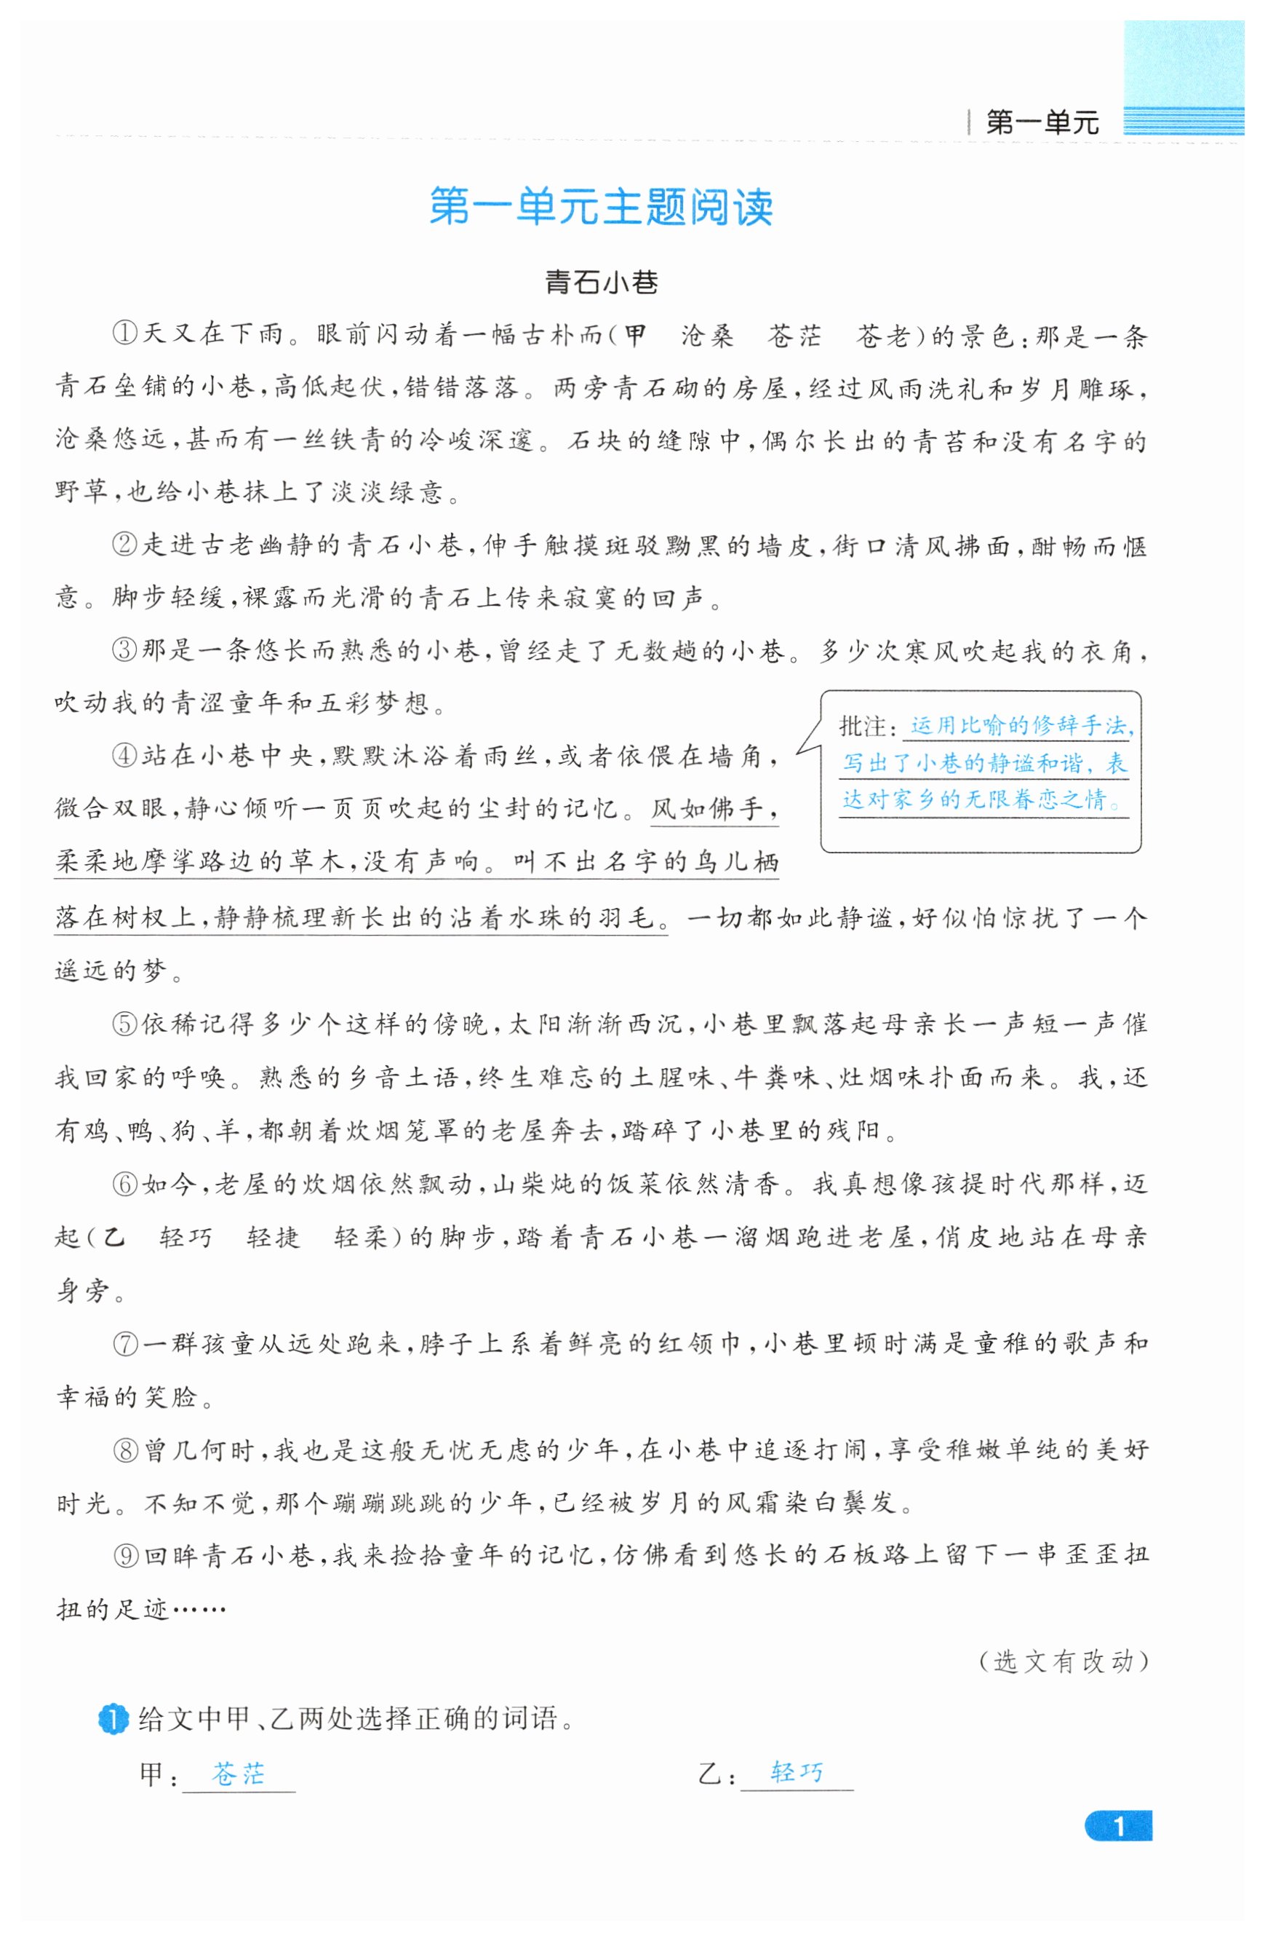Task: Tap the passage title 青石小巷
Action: (601, 282)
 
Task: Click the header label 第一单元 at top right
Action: (1041, 122)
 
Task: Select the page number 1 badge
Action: (1117, 1826)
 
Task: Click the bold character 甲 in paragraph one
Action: (635, 334)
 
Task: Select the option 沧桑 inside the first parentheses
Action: (706, 334)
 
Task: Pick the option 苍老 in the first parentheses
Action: (882, 334)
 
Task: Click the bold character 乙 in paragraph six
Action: (113, 1237)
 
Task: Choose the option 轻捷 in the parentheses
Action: (273, 1237)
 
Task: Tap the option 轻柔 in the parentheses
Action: (360, 1237)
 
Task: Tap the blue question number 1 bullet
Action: (113, 1718)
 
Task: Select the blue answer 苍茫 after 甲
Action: (238, 1773)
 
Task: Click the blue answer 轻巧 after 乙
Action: (797, 1771)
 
